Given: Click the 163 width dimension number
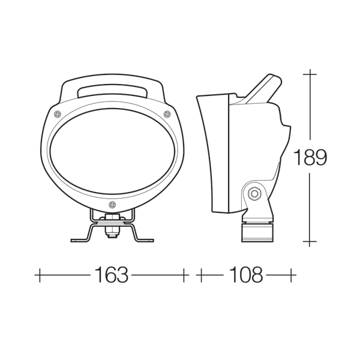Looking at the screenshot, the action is tap(112, 275).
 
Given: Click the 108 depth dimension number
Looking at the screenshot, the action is tap(245, 275).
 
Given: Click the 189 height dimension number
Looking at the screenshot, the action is tap(310, 157).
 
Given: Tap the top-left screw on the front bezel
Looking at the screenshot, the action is tap(58, 114).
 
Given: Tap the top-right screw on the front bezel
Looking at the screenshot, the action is tap(167, 113).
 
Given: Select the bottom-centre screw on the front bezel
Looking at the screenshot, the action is tap(112, 205).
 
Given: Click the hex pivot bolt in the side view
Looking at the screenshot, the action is tap(254, 194).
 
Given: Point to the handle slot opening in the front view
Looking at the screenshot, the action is tap(113, 91).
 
